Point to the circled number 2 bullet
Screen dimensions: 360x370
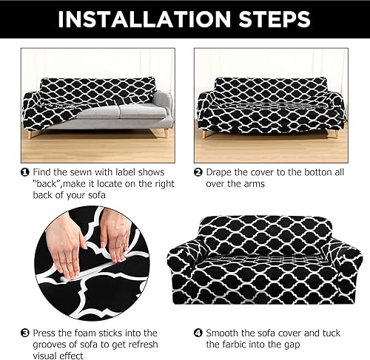pyautogui.click(x=198, y=171)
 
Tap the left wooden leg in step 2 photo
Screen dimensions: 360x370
pyautogui.click(x=205, y=134)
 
